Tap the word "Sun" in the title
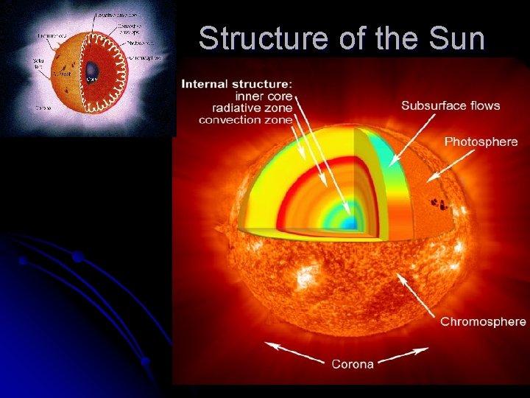point(459,38)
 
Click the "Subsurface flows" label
point(451,105)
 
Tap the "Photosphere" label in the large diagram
point(481,142)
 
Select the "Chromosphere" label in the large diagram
point(483,321)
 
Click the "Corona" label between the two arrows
point(353,363)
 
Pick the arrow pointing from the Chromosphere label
point(420,296)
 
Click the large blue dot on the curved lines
point(77,256)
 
